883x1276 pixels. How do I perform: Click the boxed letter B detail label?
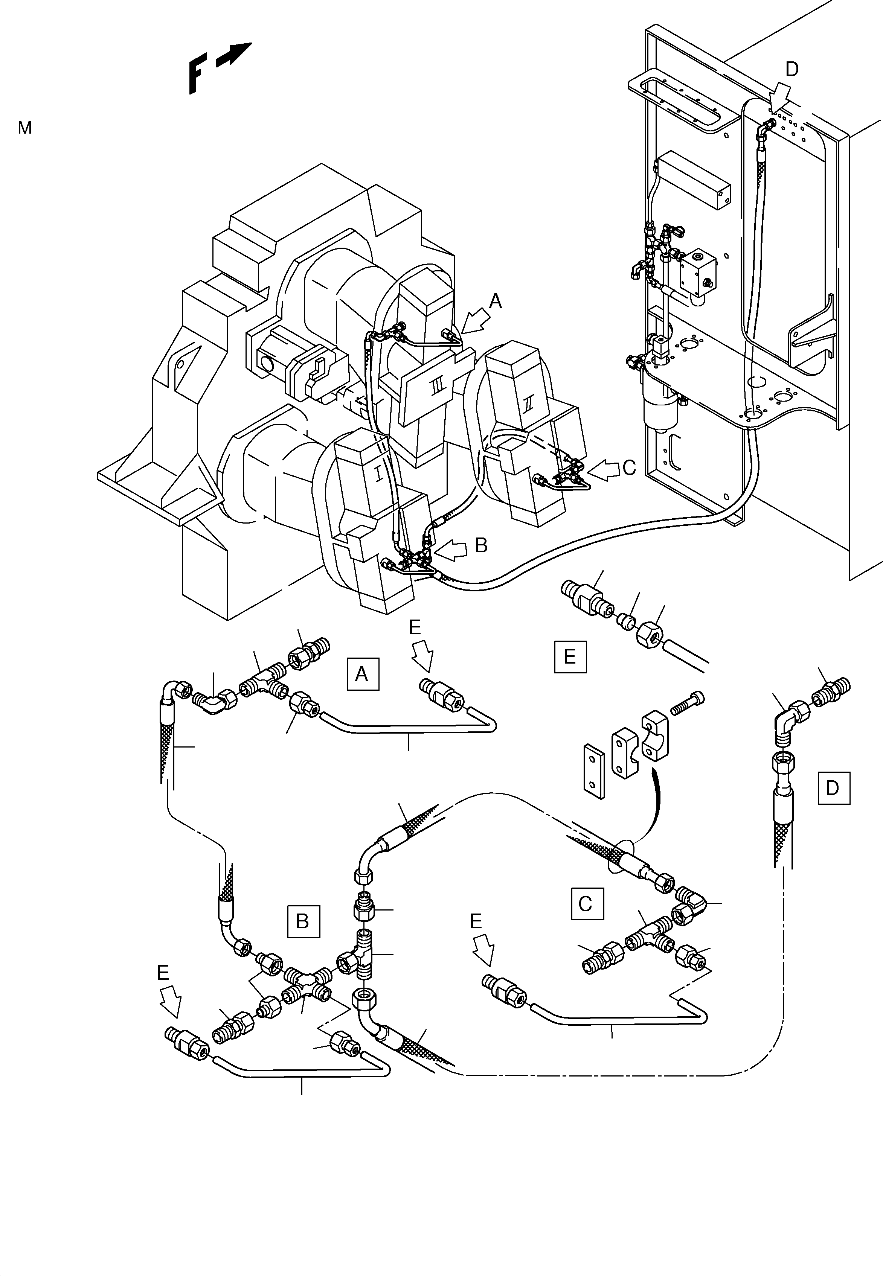point(303,921)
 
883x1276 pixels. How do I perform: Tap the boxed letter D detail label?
point(833,787)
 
